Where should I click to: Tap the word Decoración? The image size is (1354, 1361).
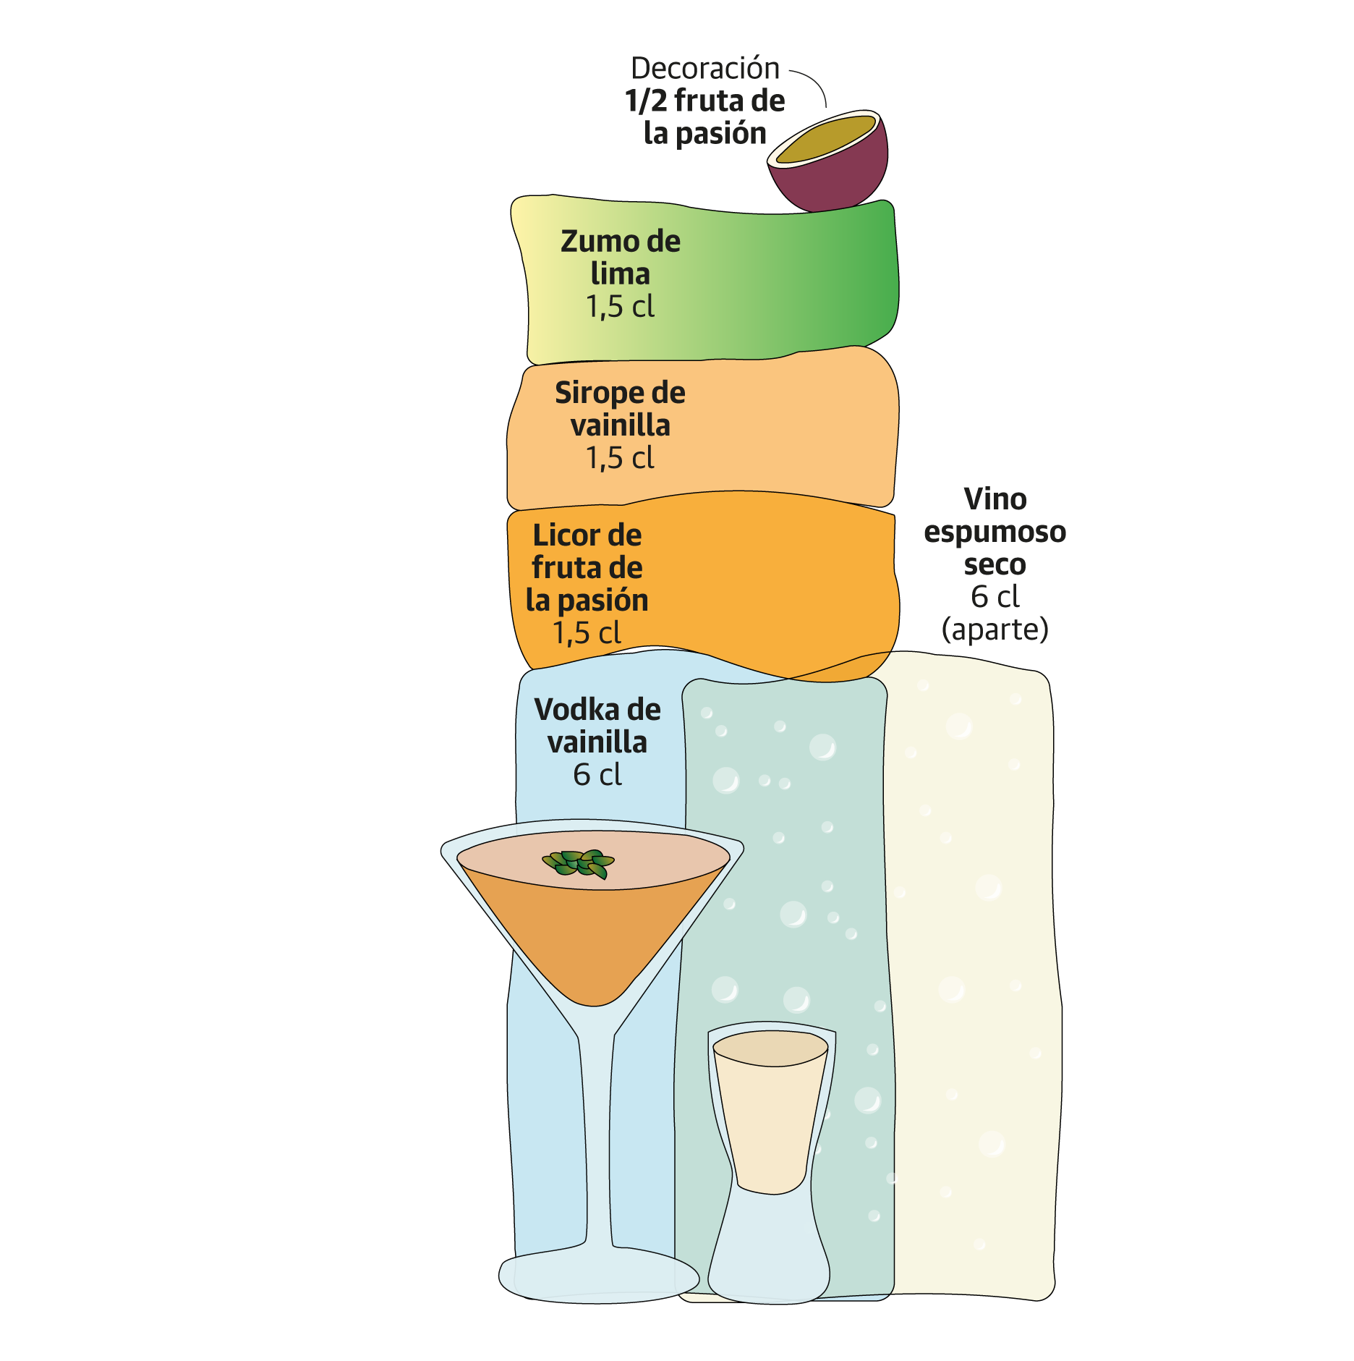705,68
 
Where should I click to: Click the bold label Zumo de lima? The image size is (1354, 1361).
620,257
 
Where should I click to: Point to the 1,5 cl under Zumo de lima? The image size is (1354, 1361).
620,307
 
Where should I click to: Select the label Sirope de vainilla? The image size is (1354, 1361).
620,409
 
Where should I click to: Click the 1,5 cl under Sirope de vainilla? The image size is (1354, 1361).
620,458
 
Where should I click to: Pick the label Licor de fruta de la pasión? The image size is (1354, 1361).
587,567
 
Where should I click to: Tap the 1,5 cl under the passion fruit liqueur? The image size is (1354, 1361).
587,633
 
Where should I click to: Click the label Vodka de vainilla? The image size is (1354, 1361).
597,725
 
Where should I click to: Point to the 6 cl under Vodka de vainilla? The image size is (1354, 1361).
597,775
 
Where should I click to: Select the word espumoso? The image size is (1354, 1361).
995,532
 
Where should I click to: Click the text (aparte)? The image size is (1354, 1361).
995,629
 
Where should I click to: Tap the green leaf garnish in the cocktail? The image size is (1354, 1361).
579,862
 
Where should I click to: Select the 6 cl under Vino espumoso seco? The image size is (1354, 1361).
995,597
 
